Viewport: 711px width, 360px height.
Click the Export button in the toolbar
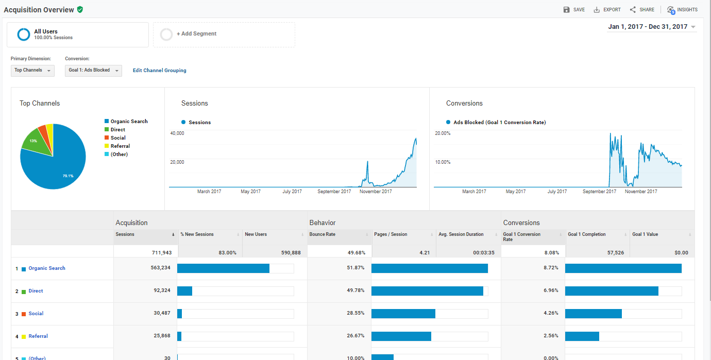607,9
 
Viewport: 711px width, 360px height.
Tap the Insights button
682,10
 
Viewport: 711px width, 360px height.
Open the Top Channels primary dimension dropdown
32,71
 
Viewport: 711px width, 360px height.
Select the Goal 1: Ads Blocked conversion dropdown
93,71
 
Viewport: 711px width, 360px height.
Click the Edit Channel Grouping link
159,71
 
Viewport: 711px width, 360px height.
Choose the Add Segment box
224,35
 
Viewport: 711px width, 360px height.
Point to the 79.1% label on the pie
68,176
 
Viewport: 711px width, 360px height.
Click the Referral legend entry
117,146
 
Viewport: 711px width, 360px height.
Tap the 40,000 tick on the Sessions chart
177,133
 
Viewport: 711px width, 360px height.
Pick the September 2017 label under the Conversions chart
599,192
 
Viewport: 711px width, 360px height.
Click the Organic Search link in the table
47,268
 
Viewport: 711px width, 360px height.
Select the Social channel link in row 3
36,313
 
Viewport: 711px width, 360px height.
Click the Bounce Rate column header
322,234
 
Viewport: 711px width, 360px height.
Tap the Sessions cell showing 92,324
162,290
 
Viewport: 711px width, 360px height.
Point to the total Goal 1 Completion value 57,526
616,253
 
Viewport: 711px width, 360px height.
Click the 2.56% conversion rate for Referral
551,336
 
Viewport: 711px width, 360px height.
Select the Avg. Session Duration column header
461,234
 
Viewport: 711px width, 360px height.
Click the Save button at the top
574,9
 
